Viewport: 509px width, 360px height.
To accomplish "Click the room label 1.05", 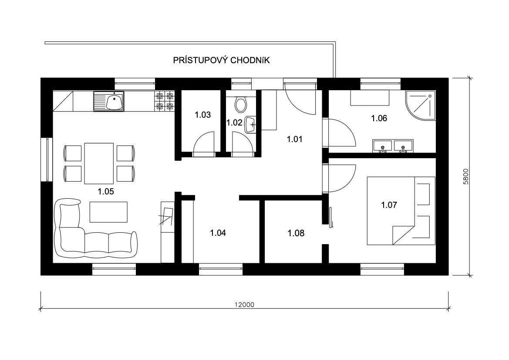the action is click(x=106, y=191).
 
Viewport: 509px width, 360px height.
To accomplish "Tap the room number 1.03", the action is click(x=202, y=115).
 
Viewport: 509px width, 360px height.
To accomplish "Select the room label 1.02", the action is click(x=234, y=122).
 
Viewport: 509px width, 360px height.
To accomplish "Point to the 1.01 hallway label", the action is click(x=294, y=139).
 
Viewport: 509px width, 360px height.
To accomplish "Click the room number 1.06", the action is click(x=379, y=118).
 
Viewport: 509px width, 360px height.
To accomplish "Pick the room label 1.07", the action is click(x=389, y=205).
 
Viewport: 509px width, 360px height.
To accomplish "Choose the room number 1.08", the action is click(x=296, y=233).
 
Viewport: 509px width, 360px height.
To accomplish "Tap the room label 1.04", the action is click(x=218, y=233).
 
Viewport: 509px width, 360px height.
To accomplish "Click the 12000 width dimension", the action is click(x=244, y=305).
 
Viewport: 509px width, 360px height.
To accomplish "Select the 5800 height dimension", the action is click(x=466, y=177).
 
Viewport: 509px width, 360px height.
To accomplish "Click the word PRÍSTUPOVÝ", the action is click(x=200, y=60).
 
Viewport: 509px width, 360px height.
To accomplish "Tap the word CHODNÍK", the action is click(x=250, y=61).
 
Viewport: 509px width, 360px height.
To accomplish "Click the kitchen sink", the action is click(x=109, y=102).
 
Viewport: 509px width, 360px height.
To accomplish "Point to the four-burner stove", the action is click(x=165, y=101).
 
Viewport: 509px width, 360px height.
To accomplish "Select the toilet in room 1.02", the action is click(x=240, y=104).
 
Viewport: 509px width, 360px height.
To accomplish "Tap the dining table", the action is click(x=99, y=163).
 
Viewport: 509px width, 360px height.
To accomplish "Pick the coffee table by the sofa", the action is click(x=108, y=212).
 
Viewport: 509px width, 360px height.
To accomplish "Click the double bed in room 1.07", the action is click(x=401, y=211).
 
